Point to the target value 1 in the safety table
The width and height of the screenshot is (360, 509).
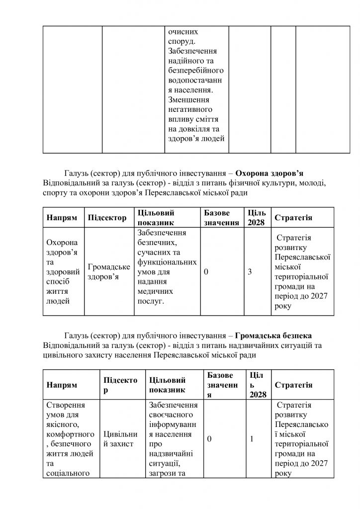[252, 439]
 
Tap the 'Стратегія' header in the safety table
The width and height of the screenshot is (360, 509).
[293, 385]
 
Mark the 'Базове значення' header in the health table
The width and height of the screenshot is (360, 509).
[221, 218]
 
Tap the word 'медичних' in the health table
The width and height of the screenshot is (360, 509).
[155, 291]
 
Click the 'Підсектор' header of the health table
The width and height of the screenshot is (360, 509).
[107, 218]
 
